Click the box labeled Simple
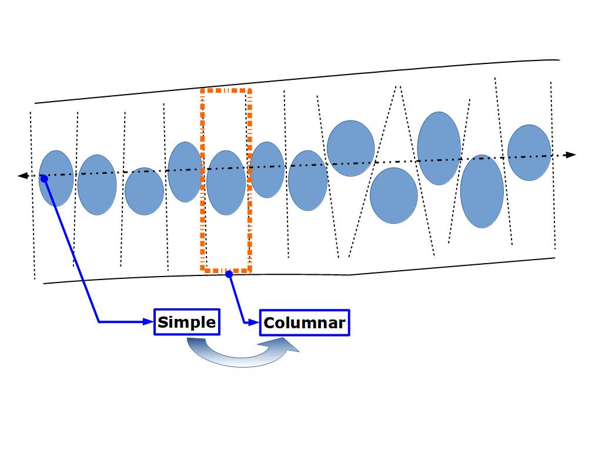coord(186,322)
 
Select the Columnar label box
coord(305,322)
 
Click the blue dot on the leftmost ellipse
coord(44,178)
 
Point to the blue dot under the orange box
coord(229,274)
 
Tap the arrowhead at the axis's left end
coord(22,176)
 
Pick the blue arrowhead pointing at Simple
coord(148,321)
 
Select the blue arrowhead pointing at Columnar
coord(254,322)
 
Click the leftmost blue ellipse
coord(56,178)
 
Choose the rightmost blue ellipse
coord(529,152)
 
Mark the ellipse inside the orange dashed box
coord(226,183)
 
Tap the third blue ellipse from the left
coord(144,191)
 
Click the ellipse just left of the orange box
coord(185,171)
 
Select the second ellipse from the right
coord(482,191)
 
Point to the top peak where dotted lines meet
coord(399,86)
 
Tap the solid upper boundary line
coord(294,82)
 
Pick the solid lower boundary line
coord(294,274)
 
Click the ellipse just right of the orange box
coord(267,169)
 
